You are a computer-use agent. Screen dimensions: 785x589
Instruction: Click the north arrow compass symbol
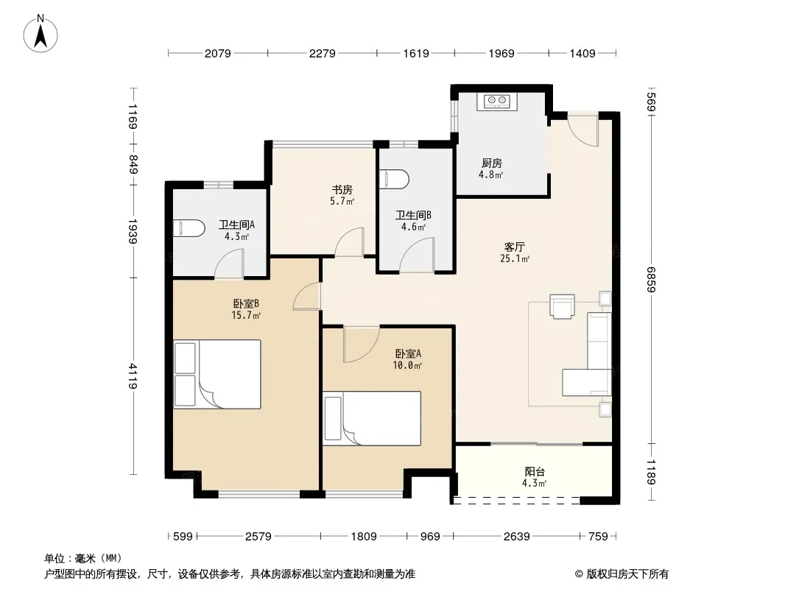coord(41,34)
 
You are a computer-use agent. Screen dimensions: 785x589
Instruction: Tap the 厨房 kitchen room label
coord(492,163)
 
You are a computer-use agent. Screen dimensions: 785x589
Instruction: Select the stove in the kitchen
coord(496,102)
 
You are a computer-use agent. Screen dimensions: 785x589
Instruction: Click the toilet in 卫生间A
coord(189,228)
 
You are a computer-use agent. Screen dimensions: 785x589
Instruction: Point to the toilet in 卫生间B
coord(394,179)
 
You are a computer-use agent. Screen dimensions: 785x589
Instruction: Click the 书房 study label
coord(342,190)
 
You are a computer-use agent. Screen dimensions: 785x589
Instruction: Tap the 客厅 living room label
coord(515,247)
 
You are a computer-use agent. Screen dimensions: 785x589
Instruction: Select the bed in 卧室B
coord(217,374)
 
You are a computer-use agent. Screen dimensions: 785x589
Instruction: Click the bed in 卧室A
coord(372,418)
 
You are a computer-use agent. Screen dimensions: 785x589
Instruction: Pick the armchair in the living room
coord(562,306)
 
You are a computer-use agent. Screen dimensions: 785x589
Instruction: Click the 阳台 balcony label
coord(535,471)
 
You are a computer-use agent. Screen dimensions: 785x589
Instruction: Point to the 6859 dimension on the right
coord(651,279)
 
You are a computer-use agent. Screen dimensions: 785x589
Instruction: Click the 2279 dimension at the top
coord(322,53)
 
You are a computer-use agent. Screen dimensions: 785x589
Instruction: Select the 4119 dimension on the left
coord(133,375)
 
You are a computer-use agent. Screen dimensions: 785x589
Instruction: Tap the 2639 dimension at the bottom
coord(517,537)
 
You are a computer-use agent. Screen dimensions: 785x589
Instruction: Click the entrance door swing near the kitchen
coord(583,131)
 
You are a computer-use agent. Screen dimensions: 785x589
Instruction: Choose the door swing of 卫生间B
coord(417,255)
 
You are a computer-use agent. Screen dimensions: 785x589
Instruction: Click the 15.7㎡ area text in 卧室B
coord(246,315)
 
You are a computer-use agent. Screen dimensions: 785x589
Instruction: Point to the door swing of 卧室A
coord(362,345)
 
